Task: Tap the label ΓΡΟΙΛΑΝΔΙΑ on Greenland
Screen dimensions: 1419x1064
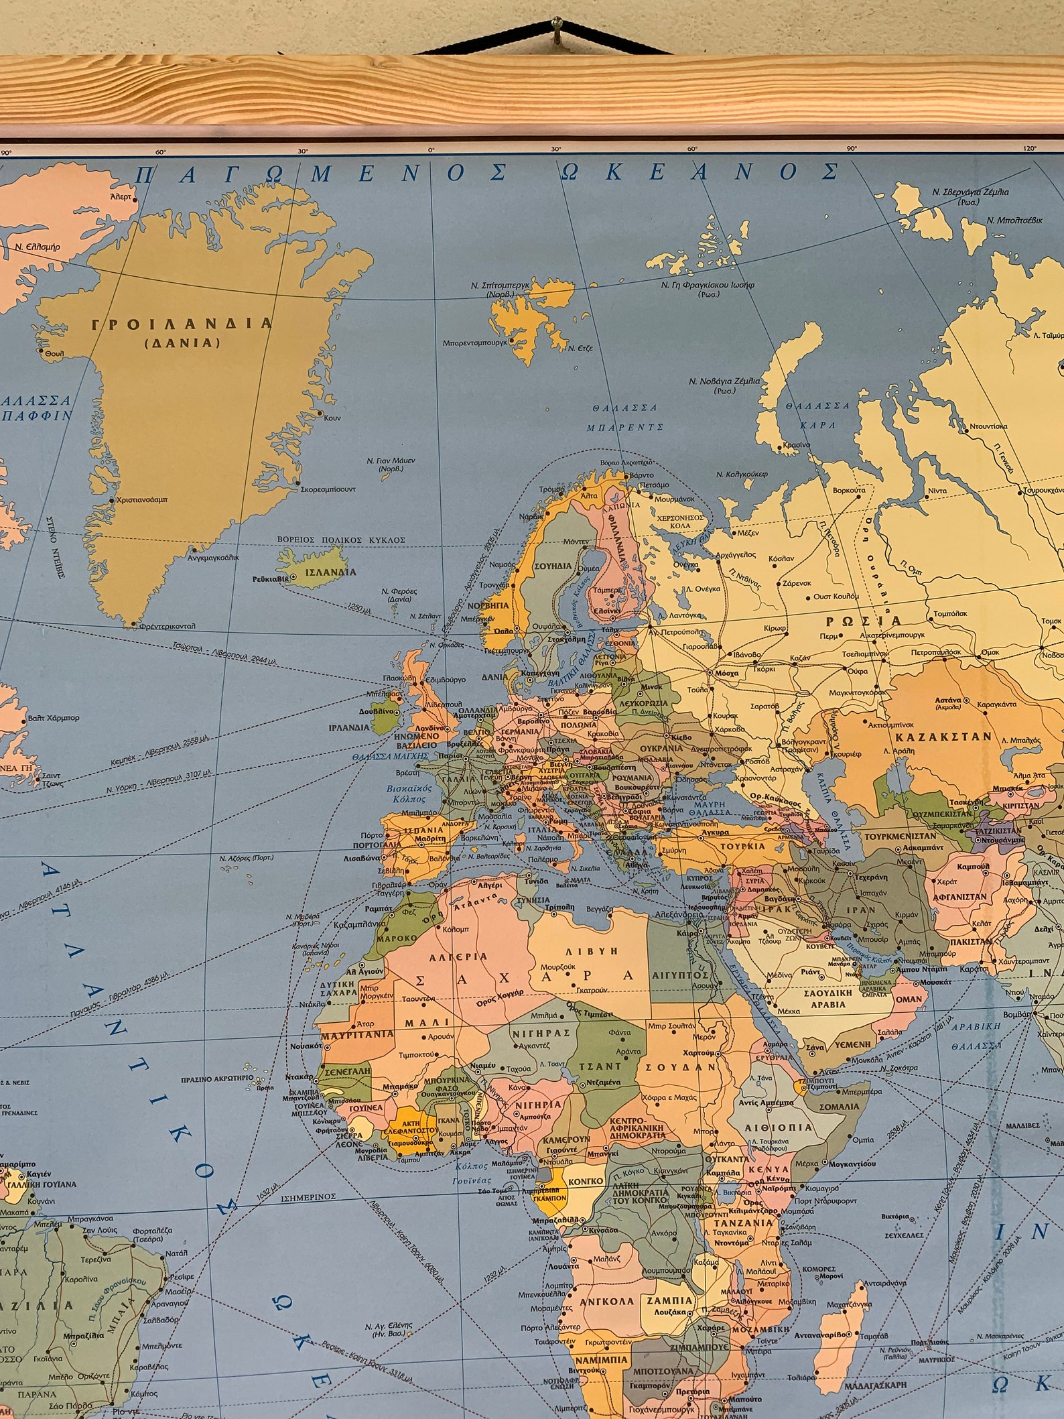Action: click(x=182, y=324)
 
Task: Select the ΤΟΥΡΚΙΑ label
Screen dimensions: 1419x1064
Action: click(x=744, y=846)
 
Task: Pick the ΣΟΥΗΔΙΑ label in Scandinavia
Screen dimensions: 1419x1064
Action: click(x=553, y=566)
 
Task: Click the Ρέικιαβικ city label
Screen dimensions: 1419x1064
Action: click(x=271, y=578)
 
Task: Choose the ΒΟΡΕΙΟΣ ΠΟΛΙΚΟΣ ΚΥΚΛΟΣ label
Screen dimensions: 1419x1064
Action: click(x=341, y=540)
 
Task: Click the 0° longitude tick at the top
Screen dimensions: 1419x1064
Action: click(x=431, y=150)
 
